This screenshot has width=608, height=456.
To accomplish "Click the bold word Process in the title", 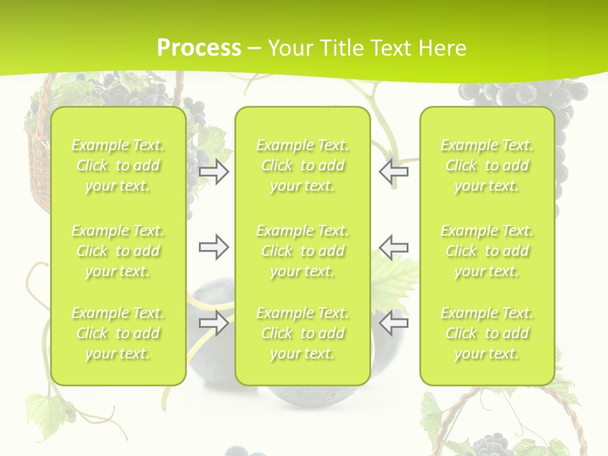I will [x=199, y=48].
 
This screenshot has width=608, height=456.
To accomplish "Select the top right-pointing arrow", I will [x=214, y=172].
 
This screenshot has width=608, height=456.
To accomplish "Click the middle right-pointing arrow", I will [x=214, y=247].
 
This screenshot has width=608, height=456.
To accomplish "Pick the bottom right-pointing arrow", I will [x=214, y=323].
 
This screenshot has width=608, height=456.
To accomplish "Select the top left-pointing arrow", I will [x=393, y=172].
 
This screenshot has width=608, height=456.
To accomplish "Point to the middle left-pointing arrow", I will [x=393, y=247].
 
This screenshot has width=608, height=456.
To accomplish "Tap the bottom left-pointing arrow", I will [x=393, y=323].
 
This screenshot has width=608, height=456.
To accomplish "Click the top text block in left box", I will [x=118, y=165].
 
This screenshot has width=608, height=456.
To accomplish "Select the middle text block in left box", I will [x=118, y=251].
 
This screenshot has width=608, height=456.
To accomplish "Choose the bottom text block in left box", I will [x=118, y=333].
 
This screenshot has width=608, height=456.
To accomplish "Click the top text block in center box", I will [x=302, y=165].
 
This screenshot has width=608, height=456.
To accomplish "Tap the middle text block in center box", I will [x=302, y=251].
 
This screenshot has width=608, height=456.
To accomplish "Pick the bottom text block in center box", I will [x=302, y=333].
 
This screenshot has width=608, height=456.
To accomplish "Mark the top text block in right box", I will [x=486, y=165].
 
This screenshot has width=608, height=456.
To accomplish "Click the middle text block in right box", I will [x=486, y=251].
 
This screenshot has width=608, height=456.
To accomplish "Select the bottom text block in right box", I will [x=486, y=333].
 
